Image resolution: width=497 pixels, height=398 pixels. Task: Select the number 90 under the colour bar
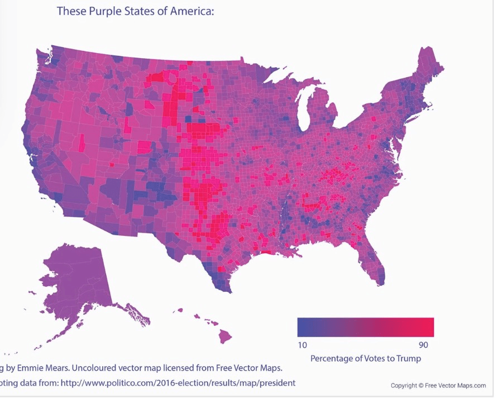click(424, 344)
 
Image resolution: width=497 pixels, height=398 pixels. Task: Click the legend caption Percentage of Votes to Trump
click(365, 358)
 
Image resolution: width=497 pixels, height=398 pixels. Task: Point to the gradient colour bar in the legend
click(365, 327)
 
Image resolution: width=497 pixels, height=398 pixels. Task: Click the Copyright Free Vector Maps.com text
click(438, 386)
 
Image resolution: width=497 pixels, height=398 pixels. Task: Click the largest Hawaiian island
click(226, 336)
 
